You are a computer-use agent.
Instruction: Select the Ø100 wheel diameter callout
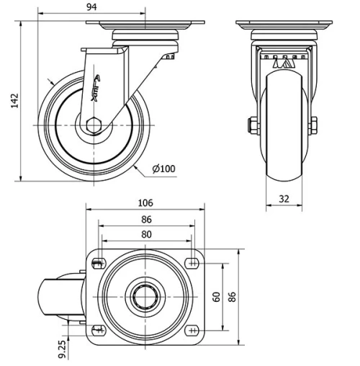[163, 169]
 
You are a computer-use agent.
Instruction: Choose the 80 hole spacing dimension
[147, 234]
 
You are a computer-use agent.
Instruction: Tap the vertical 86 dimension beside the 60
[232, 296]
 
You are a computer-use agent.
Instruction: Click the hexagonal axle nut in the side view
[94, 125]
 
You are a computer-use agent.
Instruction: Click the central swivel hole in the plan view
[146, 295]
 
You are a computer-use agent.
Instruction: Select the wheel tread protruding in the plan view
[54, 295]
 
